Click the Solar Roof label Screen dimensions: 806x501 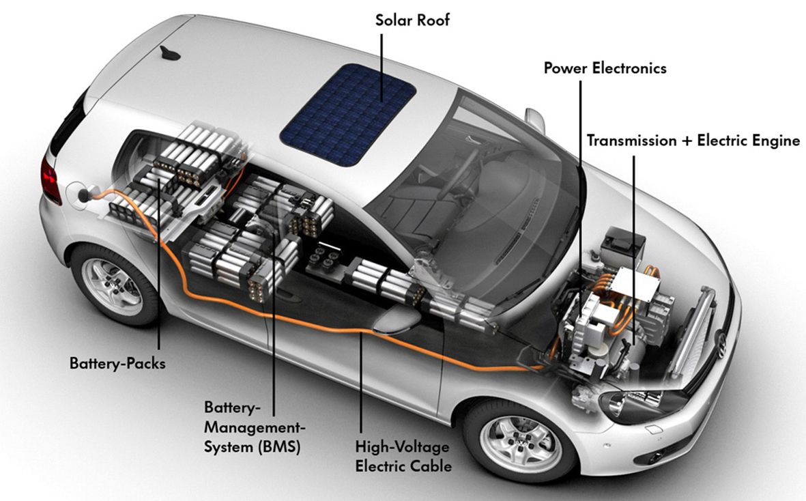412,20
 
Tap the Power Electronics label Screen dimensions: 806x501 605,68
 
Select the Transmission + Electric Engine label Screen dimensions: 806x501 693,141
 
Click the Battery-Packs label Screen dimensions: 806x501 117,363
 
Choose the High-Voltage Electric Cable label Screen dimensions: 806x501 403,457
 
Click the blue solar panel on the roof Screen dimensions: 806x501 348,114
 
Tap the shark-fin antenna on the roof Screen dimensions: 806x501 170,53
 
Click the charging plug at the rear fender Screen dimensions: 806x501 84,195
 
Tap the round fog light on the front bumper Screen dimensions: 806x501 654,457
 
